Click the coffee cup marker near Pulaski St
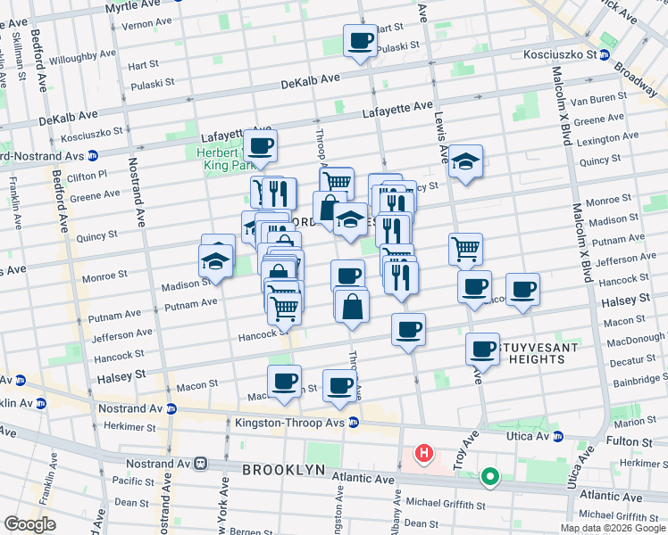[361, 41]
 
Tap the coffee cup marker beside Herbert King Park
[261, 146]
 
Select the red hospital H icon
[424, 454]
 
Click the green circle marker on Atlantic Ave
[489, 477]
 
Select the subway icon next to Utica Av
[559, 438]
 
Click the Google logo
[30, 523]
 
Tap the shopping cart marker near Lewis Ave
[465, 249]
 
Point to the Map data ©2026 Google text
[611, 527]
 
